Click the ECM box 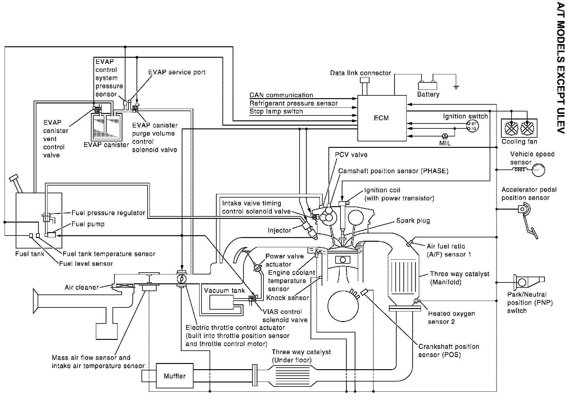[381, 118]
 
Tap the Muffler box [175, 376]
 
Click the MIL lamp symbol [445, 136]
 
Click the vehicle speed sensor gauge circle [538, 170]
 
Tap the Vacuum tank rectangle [221, 302]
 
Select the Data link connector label [360, 73]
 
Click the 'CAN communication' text [281, 95]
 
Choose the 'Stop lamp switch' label [276, 111]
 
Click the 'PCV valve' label [351, 154]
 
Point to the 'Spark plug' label [413, 220]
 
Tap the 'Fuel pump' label [88, 224]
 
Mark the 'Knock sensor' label [288, 298]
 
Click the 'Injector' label [279, 230]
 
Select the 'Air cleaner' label [82, 287]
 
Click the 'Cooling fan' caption [519, 142]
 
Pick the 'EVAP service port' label [177, 72]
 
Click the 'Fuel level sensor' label [86, 264]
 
